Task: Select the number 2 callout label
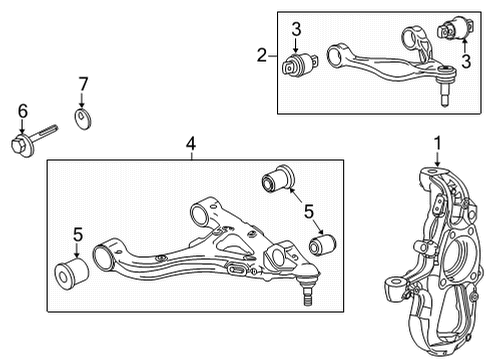tap(260, 55)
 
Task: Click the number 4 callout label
tap(191, 144)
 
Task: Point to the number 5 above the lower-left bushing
tap(76, 236)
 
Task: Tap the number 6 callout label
tap(20, 111)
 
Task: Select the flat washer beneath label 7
tap(82, 122)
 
